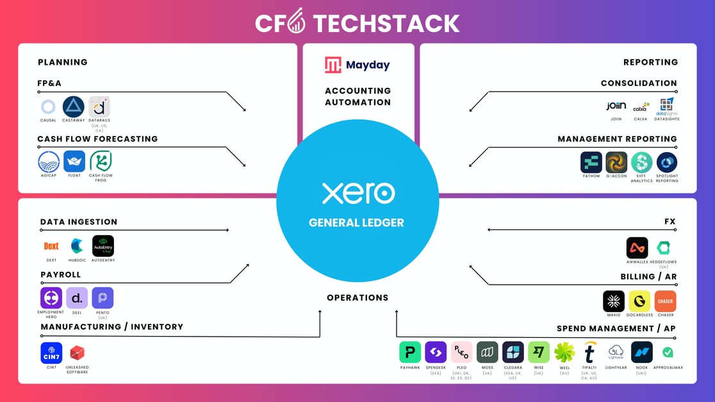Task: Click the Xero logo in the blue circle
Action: tap(358, 193)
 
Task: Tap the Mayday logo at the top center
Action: tap(357, 65)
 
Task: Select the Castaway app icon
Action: tap(74, 106)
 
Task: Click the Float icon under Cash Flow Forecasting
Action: tap(74, 162)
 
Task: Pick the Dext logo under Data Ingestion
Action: tap(51, 246)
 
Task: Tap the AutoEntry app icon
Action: tap(103, 246)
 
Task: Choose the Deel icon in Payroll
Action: tap(77, 298)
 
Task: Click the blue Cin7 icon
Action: tap(51, 353)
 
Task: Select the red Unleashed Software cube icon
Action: tap(78, 353)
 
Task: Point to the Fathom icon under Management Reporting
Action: tap(591, 162)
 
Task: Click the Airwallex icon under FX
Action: tap(637, 248)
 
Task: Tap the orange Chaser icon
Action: tap(665, 301)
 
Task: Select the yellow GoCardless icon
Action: tap(639, 301)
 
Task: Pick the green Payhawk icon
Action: tap(410, 352)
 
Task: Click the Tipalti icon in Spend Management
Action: tap(589, 352)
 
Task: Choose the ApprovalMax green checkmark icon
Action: tap(668, 352)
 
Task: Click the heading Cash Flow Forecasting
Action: tap(97, 138)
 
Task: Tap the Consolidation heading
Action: tap(638, 83)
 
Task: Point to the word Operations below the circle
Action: tap(357, 297)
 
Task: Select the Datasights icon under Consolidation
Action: tap(667, 106)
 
